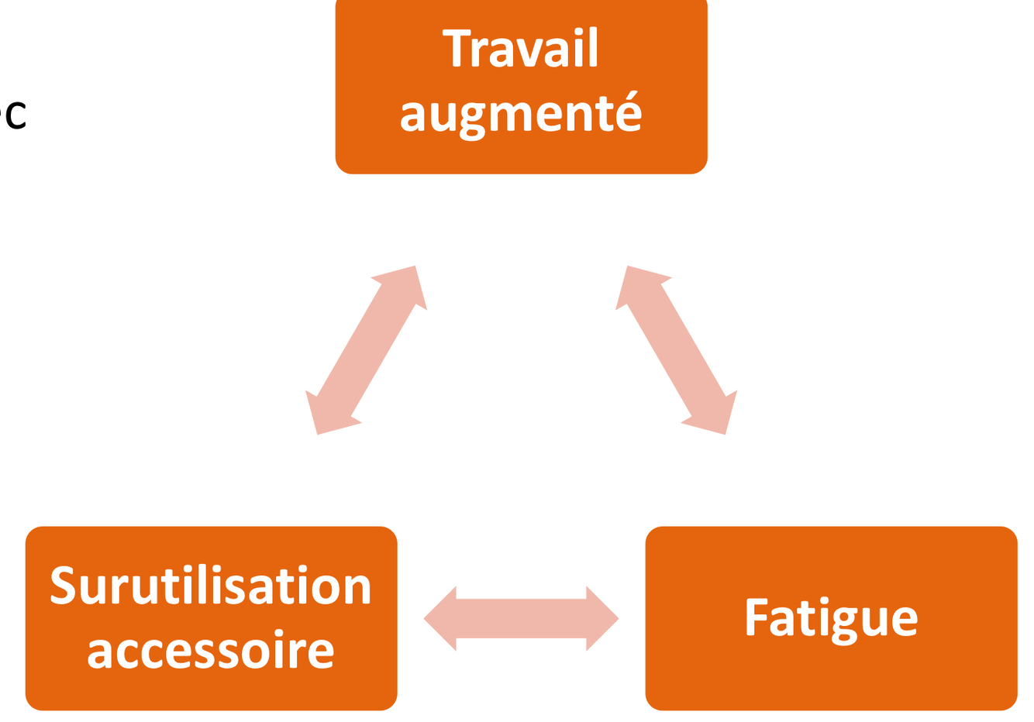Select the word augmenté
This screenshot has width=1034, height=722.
tap(521, 115)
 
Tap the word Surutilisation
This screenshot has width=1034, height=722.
tap(211, 586)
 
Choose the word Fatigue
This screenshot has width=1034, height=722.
tap(832, 619)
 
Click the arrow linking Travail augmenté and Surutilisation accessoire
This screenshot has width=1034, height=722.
tap(367, 350)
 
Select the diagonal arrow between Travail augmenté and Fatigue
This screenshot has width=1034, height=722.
tap(676, 350)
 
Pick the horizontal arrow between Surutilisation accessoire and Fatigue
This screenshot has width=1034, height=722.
tap(521, 618)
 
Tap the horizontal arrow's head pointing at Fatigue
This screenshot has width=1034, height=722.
tap(601, 618)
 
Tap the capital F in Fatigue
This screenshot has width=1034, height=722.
tap(756, 617)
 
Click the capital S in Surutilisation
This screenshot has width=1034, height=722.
tap(63, 585)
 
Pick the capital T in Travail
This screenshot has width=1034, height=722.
tap(457, 49)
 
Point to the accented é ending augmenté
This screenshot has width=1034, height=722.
tap(629, 114)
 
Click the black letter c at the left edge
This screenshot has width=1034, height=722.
tap(16, 116)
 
